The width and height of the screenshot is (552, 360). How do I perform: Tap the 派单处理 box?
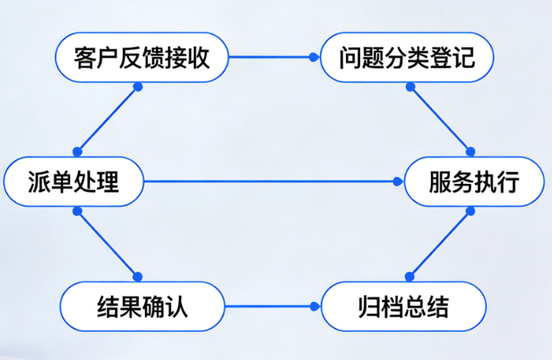74,183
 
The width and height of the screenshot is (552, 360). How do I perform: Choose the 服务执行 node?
473,183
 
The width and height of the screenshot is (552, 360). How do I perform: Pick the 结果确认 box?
142,306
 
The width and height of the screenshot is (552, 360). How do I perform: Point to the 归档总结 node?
407,306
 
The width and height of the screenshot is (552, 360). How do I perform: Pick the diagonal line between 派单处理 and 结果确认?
107,243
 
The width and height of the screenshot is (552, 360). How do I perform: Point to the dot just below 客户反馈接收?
138,86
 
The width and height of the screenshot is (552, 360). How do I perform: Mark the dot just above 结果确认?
138,276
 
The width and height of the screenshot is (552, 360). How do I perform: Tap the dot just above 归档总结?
409,276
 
